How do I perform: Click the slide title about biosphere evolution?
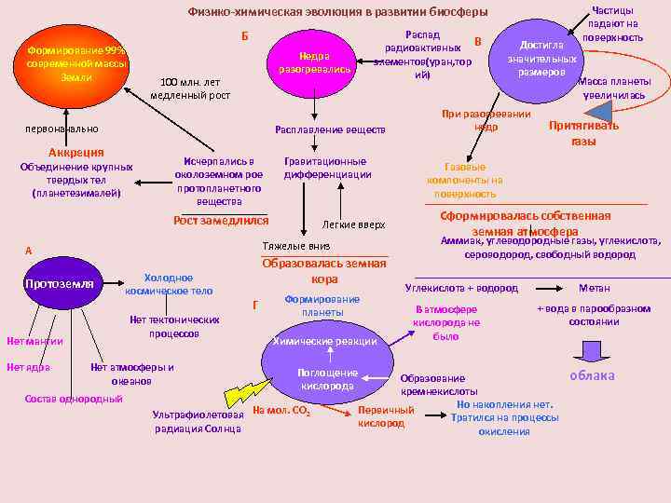(338, 13)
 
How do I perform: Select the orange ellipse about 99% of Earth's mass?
(77, 63)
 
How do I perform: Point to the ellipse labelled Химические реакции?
(325, 341)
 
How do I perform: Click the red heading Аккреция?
(76, 152)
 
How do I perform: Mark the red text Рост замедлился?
(222, 221)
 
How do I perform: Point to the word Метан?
(595, 289)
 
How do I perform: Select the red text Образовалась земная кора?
(324, 270)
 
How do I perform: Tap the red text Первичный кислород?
(386, 416)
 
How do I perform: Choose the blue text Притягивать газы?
(583, 133)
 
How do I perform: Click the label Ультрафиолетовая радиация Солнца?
(199, 421)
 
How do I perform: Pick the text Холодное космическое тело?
(169, 284)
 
